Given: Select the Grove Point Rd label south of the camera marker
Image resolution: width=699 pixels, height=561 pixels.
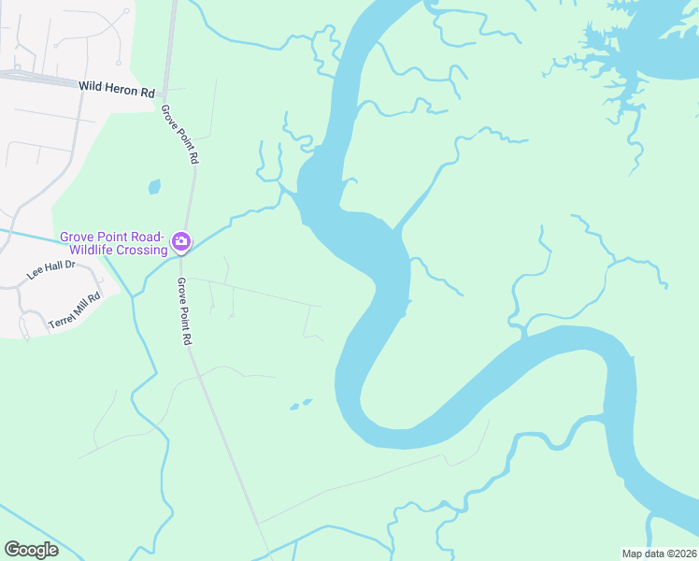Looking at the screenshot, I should pyautogui.click(x=184, y=311).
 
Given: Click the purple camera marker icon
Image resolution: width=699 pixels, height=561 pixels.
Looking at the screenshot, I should pyautogui.click(x=181, y=243).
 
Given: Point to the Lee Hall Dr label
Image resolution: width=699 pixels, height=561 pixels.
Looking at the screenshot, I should pyautogui.click(x=50, y=272).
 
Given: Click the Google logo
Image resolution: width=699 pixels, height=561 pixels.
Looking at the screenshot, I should pyautogui.click(x=31, y=550).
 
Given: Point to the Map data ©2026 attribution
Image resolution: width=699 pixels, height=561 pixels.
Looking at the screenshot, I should pyautogui.click(x=659, y=554).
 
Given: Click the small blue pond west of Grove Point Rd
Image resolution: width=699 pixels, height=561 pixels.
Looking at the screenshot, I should pyautogui.click(x=154, y=186).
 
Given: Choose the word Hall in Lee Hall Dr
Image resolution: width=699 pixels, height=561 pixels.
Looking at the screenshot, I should pyautogui.click(x=53, y=271).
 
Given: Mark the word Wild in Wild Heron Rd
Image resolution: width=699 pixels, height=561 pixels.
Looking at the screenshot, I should pyautogui.click(x=92, y=86).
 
